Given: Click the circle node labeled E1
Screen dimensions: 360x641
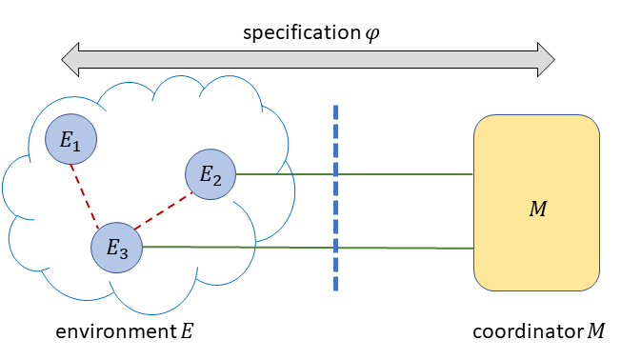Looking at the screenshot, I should (71, 140).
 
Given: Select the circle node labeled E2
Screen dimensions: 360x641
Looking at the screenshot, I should (210, 174).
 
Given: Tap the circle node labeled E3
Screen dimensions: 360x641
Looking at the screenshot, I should (116, 249).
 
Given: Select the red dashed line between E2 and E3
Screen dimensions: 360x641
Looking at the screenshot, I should (163, 212).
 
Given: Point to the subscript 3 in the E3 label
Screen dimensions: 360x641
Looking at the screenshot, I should (123, 252).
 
